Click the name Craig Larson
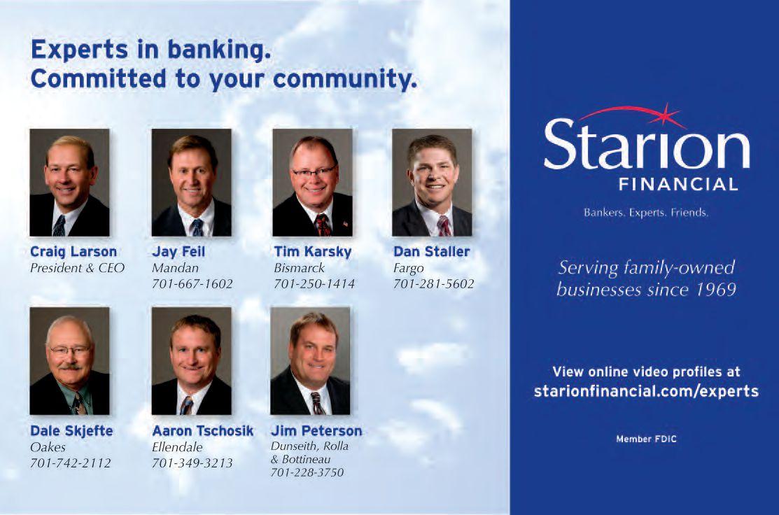point(73,252)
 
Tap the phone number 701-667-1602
point(192,284)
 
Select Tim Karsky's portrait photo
point(312,182)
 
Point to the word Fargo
point(408,269)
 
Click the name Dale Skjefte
point(71,430)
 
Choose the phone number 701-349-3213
point(192,463)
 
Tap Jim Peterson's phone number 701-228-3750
point(307,472)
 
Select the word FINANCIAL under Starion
point(678,185)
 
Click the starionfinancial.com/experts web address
point(646,391)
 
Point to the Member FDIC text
point(646,439)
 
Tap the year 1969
point(715,289)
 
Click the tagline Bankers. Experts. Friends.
point(646,213)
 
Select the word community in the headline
point(345,80)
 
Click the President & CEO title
point(78,268)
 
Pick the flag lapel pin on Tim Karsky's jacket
point(345,224)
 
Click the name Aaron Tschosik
point(203,430)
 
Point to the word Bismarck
point(299,268)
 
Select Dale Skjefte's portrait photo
point(69,360)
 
